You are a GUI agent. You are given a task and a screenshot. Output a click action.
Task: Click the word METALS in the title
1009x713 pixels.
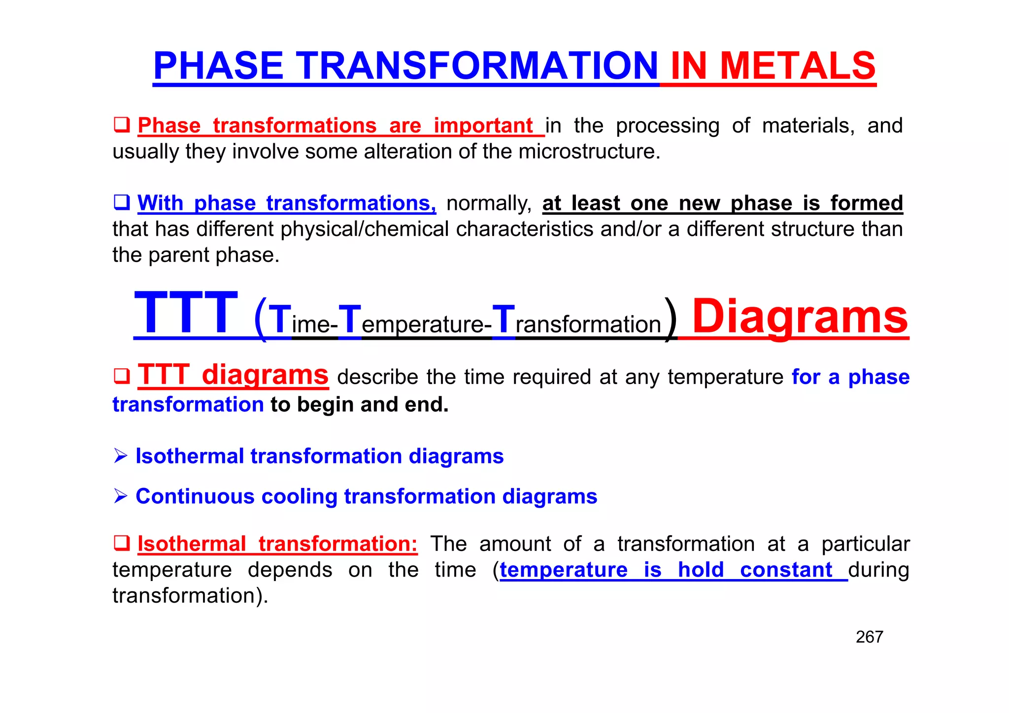tap(798, 66)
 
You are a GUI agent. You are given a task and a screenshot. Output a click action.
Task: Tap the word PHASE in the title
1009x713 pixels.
tap(218, 66)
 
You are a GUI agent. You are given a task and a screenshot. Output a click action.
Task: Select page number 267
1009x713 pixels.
tap(869, 637)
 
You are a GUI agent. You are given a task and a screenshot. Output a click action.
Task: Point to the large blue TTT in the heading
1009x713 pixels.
tap(186, 313)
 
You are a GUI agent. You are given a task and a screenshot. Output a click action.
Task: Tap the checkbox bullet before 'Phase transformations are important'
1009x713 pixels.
tap(121, 125)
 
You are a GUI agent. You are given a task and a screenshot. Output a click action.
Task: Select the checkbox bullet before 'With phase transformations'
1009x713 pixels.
tap(121, 202)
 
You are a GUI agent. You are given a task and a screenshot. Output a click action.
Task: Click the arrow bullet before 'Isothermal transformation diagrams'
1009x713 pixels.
tap(121, 456)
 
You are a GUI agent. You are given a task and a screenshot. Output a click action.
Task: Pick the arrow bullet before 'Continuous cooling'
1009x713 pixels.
tap(121, 496)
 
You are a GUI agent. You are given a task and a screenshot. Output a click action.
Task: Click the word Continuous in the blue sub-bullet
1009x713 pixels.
tap(195, 496)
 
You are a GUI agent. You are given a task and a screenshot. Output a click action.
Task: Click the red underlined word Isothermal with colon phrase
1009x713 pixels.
tap(192, 544)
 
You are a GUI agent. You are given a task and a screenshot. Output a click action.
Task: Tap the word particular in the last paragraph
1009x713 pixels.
tap(865, 544)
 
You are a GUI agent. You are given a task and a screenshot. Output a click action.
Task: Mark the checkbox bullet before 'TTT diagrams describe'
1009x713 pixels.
tap(121, 376)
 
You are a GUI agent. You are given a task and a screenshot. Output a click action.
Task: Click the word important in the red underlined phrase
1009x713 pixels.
tap(483, 126)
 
